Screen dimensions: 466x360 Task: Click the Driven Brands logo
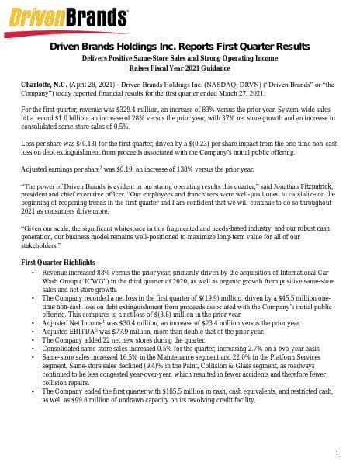pos(69,16)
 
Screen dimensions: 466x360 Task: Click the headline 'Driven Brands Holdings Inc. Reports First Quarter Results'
pos(179,47)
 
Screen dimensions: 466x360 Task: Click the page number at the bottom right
pos(338,453)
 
